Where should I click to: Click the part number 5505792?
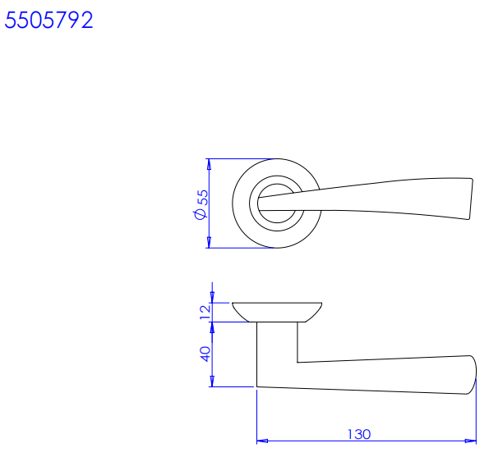[48, 21]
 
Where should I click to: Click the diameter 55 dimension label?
[201, 204]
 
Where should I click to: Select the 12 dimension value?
[205, 313]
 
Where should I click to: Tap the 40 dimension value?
[205, 354]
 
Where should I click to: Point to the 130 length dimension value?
[359, 434]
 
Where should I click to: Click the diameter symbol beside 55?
[200, 214]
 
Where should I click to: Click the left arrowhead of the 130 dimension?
[262, 441]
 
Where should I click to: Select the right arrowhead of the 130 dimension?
[471, 441]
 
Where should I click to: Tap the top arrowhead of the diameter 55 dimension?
[210, 164]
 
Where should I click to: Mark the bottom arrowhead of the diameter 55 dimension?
[210, 243]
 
